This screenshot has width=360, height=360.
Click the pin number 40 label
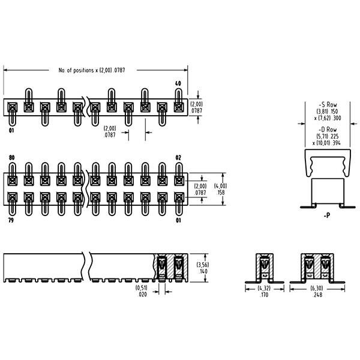(178, 83)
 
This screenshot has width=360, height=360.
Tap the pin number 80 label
(12, 157)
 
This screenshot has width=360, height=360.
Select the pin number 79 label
(11, 220)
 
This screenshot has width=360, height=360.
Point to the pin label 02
(178, 157)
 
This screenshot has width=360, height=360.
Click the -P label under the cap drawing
(327, 215)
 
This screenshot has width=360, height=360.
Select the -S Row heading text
(328, 104)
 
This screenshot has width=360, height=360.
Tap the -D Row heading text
(328, 129)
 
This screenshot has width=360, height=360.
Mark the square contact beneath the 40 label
(179, 107)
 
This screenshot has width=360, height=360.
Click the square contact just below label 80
(13, 181)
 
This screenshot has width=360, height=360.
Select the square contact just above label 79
(13, 197)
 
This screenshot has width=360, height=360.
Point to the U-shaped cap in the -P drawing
(328, 163)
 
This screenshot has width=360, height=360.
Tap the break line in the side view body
(87, 268)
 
